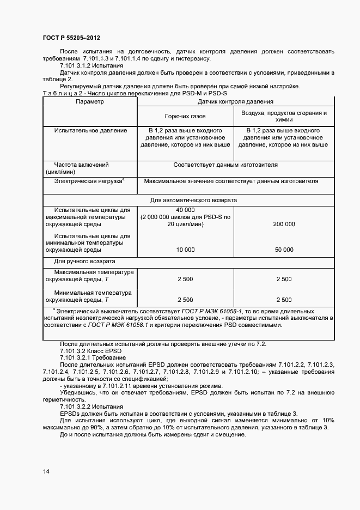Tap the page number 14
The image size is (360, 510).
click(46, 472)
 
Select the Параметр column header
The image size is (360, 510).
click(89, 102)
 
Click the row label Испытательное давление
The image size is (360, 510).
click(90, 131)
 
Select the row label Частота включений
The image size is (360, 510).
click(81, 165)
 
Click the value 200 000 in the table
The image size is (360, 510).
click(284, 224)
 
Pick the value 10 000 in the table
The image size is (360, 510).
click(185, 250)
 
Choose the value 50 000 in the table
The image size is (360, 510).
click(284, 250)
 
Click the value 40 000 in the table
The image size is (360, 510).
click(185, 210)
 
